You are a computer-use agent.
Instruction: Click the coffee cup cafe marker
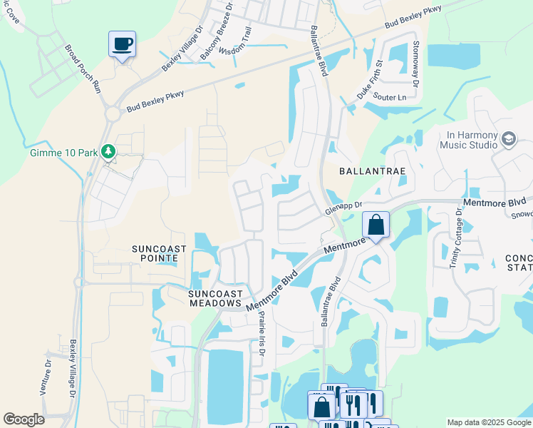(122, 44)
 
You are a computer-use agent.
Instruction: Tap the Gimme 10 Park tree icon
(108, 151)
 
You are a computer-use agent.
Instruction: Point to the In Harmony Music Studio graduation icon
(509, 138)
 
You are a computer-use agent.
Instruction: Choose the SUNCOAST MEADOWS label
(216, 298)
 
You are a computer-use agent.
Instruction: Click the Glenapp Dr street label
(339, 207)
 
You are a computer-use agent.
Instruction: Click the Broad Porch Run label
(83, 69)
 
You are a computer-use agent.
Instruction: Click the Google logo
(24, 419)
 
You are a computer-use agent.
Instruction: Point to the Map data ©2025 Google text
(488, 422)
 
